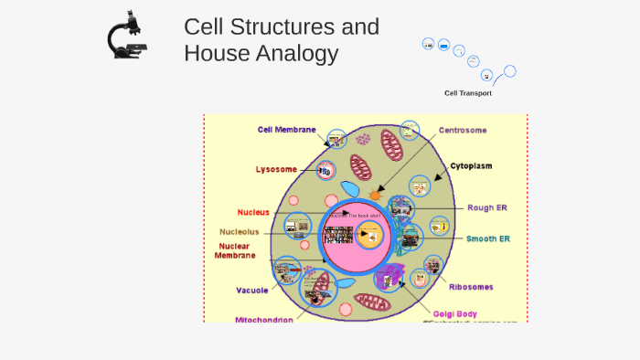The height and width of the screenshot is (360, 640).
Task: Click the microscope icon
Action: (127, 37)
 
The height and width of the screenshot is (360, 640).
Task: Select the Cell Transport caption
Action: (467, 93)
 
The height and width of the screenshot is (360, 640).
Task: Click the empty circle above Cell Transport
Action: (510, 71)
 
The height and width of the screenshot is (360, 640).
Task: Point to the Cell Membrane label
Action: (286, 130)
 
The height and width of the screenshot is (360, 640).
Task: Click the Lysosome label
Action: (276, 169)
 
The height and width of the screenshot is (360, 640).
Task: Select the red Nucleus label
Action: (253, 212)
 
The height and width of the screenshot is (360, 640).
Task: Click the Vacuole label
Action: (251, 291)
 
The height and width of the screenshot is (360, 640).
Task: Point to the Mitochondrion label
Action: (264, 320)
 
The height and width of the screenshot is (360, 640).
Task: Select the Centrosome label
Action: (462, 130)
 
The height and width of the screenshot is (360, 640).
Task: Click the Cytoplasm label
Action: (471, 166)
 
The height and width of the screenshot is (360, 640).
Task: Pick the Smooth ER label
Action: (488, 238)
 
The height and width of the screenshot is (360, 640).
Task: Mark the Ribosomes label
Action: (471, 286)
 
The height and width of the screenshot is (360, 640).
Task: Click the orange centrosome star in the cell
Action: (375, 196)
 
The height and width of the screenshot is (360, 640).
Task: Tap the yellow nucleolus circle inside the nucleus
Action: (369, 236)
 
